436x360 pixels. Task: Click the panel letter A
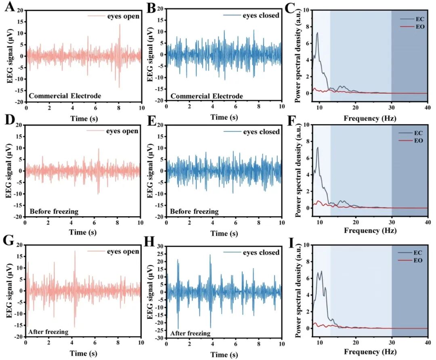[10, 6]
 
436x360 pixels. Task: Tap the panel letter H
[149, 241]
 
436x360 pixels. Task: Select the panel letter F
[292, 121]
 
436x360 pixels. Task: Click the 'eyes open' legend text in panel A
[123, 16]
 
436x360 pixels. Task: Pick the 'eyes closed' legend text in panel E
[261, 132]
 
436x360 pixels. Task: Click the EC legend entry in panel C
[420, 19]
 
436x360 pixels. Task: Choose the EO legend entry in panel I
[418, 260]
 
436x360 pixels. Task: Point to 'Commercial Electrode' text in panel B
[207, 96]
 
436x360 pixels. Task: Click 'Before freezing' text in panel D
[54, 211]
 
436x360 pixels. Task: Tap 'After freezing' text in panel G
[48, 332]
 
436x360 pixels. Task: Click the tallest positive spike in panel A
[120, 25]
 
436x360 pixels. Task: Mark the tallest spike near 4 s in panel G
[75, 251]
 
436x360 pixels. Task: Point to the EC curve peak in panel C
[317, 33]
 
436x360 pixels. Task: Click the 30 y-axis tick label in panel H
[161, 246]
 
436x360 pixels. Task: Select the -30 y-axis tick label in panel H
[159, 338]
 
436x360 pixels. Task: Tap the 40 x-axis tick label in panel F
[428, 222]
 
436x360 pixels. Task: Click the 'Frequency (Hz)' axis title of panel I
[370, 352]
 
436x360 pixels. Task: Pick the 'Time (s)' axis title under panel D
[83, 232]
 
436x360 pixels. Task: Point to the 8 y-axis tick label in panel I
[307, 261]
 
